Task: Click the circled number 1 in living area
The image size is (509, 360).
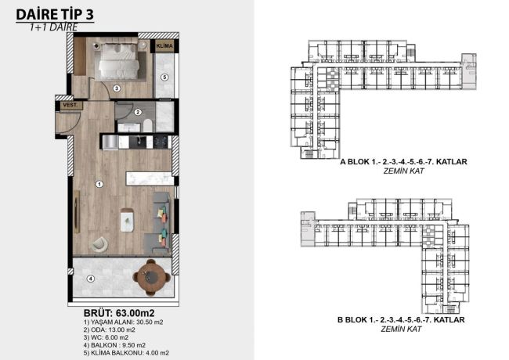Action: click(99, 185)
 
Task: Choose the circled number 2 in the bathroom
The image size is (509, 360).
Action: click(137, 112)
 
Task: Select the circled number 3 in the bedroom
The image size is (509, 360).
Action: click(116, 88)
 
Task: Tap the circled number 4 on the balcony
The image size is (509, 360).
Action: click(90, 278)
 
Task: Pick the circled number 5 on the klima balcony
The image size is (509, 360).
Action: click(165, 77)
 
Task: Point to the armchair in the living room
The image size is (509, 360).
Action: click(99, 244)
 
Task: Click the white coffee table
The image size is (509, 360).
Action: click(126, 220)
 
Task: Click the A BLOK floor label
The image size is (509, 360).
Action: click(403, 162)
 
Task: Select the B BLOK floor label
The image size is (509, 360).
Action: click(402, 322)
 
